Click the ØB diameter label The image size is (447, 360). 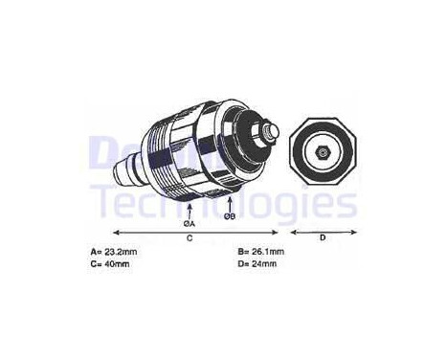coord(230,216)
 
